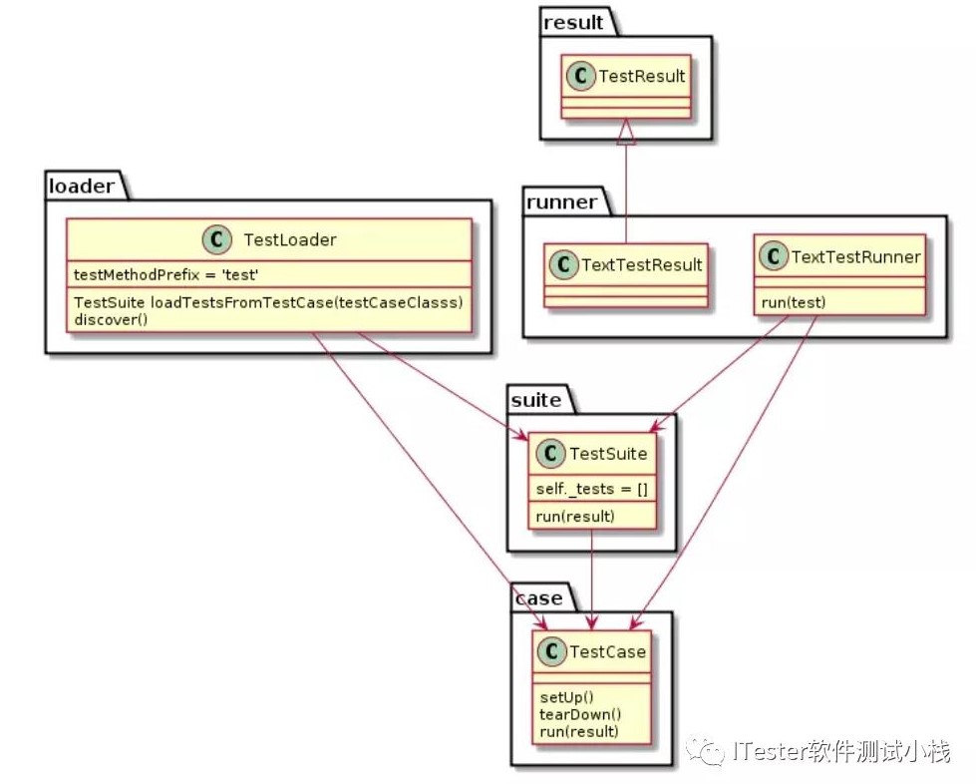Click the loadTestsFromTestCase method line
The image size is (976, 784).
click(268, 301)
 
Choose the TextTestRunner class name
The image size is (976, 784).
click(854, 257)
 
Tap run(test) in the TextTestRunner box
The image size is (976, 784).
click(795, 301)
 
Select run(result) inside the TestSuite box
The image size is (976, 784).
click(575, 516)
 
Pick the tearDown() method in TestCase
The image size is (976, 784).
click(580, 714)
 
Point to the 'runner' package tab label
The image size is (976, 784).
click(561, 202)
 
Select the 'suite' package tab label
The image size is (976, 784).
click(535, 401)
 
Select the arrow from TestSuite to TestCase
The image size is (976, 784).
click(593, 579)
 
